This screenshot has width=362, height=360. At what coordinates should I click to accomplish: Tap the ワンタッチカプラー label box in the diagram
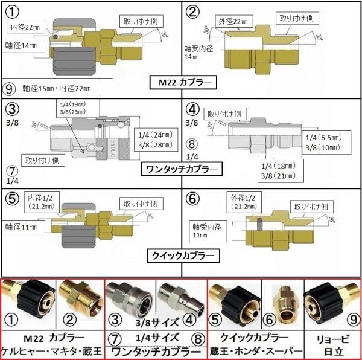(x=181, y=167)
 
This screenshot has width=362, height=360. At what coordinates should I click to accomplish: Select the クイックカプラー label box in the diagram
(x=181, y=256)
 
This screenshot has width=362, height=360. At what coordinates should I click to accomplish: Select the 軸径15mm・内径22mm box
(x=57, y=88)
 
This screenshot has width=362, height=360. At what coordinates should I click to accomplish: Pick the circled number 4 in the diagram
(x=192, y=110)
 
